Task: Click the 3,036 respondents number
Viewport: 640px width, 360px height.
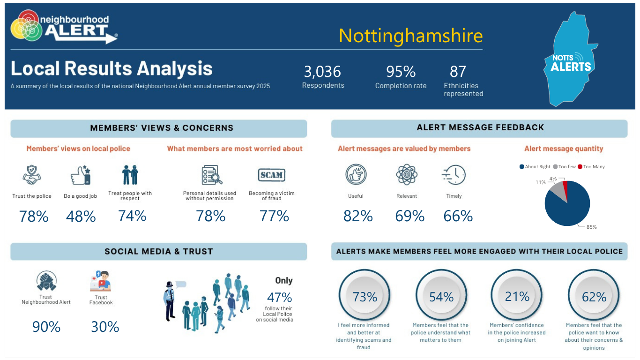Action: coord(322,72)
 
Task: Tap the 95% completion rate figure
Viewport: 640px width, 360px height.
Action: coord(401,72)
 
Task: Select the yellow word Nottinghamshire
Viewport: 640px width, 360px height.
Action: coord(410,36)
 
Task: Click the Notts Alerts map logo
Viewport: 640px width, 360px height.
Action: coord(570,59)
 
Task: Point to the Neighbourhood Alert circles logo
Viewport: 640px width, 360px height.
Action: coord(26,26)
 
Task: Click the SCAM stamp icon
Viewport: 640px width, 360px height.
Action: coord(271,175)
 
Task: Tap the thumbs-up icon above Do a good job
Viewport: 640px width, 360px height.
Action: coord(81,175)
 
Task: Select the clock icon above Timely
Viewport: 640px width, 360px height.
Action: coord(454,175)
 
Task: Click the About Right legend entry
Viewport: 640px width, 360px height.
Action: coord(535,167)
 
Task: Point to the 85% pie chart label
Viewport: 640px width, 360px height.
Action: coord(591,227)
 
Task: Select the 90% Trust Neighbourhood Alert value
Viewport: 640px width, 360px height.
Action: coord(46,327)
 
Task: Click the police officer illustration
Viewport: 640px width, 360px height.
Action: coord(170,301)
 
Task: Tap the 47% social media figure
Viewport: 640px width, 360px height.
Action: coord(279,298)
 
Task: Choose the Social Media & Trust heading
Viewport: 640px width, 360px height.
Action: coord(159,252)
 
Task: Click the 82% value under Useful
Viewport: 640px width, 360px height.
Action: coord(358,216)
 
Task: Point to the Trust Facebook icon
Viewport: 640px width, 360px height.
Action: coord(101,281)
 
